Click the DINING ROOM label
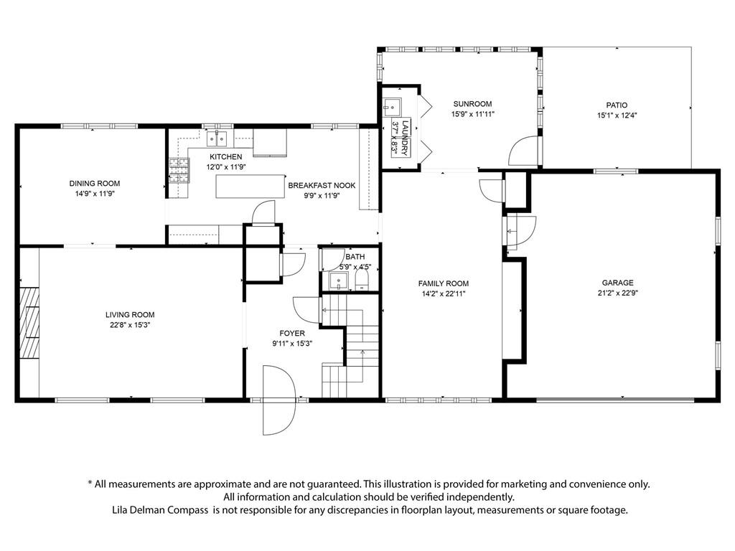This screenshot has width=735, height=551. [95, 183]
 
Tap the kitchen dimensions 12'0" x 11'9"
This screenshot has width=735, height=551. [226, 166]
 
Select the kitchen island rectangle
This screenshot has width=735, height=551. [251, 186]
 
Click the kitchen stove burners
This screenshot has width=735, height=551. [179, 170]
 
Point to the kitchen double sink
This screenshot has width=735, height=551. [217, 138]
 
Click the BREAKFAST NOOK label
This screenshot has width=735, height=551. [322, 186]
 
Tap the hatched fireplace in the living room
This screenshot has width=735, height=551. [29, 323]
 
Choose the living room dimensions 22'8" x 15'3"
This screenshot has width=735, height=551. [130, 325]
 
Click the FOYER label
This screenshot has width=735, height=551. [292, 333]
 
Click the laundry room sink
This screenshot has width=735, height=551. [391, 107]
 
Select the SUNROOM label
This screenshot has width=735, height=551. [472, 104]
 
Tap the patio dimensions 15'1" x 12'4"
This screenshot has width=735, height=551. [617, 116]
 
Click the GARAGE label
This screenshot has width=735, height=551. [617, 283]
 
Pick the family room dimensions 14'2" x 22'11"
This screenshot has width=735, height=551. [444, 293]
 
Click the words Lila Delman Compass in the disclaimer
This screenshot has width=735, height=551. [160, 510]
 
